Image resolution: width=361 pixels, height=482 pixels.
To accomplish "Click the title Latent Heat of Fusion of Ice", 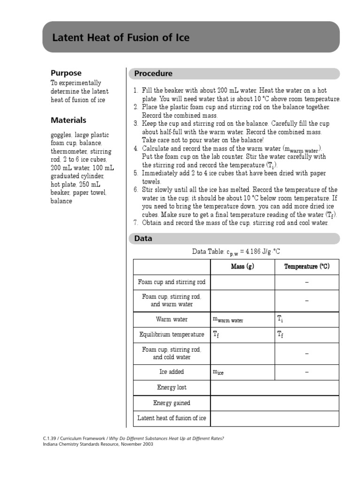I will pos(121,38).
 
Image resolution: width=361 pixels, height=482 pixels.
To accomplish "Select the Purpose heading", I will pos(66,73).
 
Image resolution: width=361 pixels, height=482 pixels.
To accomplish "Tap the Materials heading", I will pos(69,120).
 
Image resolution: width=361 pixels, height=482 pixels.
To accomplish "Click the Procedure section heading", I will pos(153,73).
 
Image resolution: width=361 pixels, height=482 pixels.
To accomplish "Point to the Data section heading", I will pos(143,239).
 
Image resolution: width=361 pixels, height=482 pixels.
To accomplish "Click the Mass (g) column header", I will pos(242,267).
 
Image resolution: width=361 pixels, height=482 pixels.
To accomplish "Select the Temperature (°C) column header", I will pos(306,267).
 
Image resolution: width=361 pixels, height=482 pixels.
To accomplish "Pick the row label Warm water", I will pos(172,320).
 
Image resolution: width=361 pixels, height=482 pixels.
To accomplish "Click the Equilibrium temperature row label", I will pos(172,335).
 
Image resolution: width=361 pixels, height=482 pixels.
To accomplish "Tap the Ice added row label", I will pos(172,372).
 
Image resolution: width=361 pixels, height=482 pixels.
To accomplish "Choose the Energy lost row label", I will pos(172,387).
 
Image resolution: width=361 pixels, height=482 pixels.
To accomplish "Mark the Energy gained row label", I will pos(172,403).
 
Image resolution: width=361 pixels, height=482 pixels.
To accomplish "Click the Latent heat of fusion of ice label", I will pos(172,418).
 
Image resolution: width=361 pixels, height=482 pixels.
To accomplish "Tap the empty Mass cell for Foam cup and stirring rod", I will pos(242,282).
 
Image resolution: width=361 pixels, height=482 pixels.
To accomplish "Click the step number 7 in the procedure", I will pos(135,223).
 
